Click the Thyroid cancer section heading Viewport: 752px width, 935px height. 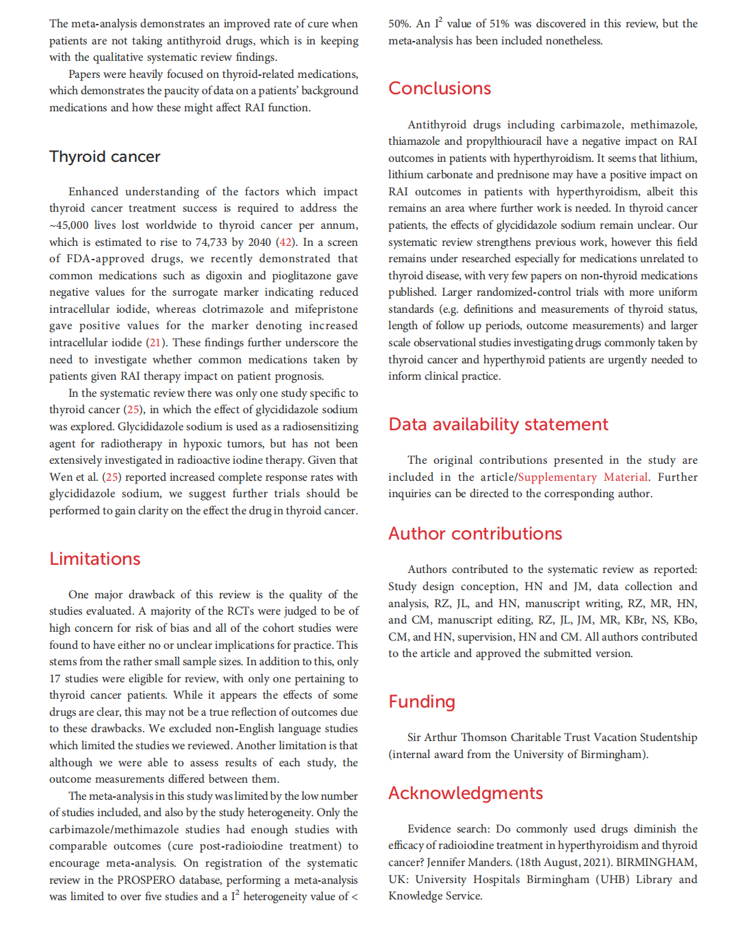(x=105, y=156)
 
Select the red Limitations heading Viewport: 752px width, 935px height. (x=94, y=559)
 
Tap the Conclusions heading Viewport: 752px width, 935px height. (x=440, y=88)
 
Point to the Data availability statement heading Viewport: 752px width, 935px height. (x=498, y=424)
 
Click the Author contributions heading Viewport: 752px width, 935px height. (x=475, y=533)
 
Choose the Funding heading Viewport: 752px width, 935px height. (x=422, y=701)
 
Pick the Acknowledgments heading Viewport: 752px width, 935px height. (x=466, y=793)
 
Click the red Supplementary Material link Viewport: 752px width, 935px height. (x=582, y=477)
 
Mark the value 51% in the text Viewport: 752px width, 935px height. (x=498, y=24)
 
